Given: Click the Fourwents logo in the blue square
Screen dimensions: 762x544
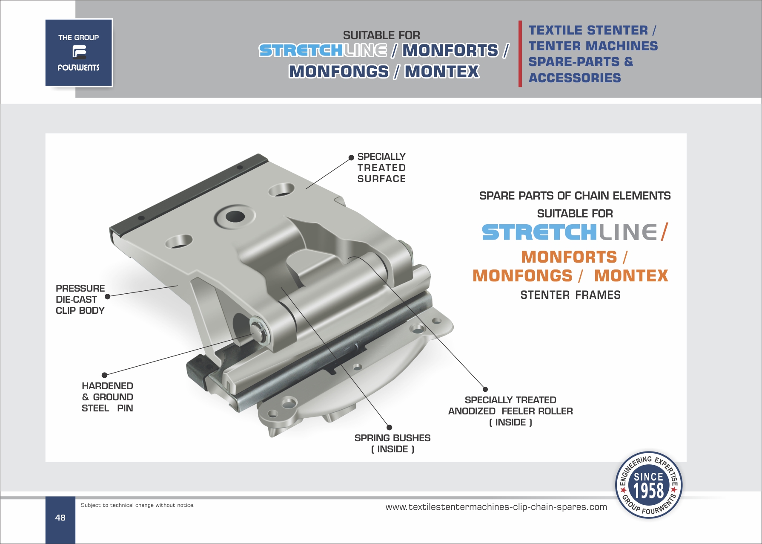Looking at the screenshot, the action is pyautogui.click(x=79, y=52).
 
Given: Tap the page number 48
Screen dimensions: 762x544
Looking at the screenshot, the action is pyautogui.click(x=60, y=518).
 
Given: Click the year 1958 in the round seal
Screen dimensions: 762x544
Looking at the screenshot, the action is pyautogui.click(x=648, y=491).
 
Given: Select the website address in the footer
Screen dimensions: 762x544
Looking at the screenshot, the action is pyautogui.click(x=496, y=507).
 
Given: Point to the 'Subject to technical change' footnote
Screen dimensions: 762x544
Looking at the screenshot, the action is pyautogui.click(x=138, y=505).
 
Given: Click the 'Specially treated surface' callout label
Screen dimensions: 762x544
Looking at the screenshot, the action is pyautogui.click(x=381, y=168).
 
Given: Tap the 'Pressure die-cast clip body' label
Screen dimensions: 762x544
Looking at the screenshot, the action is pyautogui.click(x=80, y=299).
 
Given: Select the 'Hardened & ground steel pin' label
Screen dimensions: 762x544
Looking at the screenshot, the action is pyautogui.click(x=107, y=397).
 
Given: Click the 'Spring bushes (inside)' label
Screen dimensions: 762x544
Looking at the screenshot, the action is pyautogui.click(x=392, y=443).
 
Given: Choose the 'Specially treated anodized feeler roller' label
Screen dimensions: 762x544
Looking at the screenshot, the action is pyautogui.click(x=510, y=411).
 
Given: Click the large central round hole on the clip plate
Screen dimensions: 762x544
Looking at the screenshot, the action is pyautogui.click(x=235, y=217).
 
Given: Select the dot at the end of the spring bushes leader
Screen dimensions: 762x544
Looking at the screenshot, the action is pyautogui.click(x=389, y=428).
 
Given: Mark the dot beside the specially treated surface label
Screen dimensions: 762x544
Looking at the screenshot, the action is pyautogui.click(x=351, y=158).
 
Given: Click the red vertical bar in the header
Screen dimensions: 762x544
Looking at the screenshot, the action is pyautogui.click(x=520, y=54).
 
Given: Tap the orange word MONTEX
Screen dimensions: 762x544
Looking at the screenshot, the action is pyautogui.click(x=631, y=276).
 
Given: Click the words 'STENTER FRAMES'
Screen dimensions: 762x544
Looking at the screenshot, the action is pyautogui.click(x=570, y=295).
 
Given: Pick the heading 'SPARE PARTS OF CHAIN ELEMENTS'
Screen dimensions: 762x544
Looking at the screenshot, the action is pyautogui.click(x=575, y=196).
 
